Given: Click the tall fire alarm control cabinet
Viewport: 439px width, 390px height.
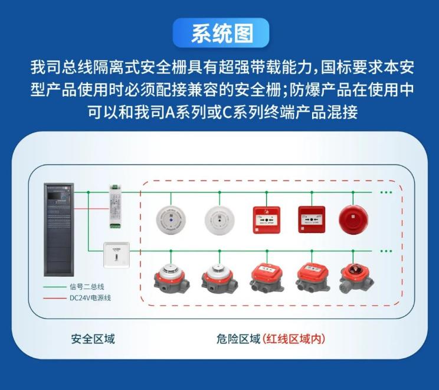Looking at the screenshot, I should tap(59, 230).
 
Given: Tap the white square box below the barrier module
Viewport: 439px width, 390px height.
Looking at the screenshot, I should tap(116, 255).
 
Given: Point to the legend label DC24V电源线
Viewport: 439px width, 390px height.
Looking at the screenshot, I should tap(90, 298).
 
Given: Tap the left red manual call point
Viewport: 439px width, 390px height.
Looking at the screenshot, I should tap(266, 219).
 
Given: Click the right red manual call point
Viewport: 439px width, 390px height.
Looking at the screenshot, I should tap(312, 219).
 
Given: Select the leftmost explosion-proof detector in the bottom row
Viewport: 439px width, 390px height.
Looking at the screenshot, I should tap(170, 277).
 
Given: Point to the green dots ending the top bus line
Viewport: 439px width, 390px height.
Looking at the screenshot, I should tap(386, 192).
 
